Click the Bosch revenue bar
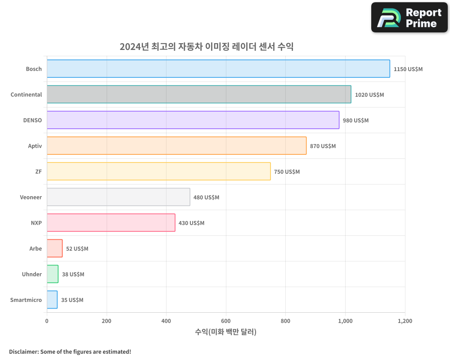coord(218,69)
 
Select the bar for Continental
coord(199,94)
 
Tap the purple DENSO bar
coord(193,120)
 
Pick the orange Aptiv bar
coord(176,146)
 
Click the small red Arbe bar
coord(54,248)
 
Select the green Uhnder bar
coord(53,274)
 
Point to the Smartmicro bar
coord(52,300)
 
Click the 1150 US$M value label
coord(408,69)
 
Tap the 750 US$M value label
coord(287,172)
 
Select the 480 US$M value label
coord(206,198)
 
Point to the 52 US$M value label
coord(77,249)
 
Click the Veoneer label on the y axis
coord(31,197)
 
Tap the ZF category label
coord(38,171)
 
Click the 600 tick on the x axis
coord(226,321)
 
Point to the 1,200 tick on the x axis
coord(405,321)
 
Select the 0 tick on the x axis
coord(47,321)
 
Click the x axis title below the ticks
coord(225,332)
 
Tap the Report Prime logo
coord(409,18)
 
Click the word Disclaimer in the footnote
coord(23,351)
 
